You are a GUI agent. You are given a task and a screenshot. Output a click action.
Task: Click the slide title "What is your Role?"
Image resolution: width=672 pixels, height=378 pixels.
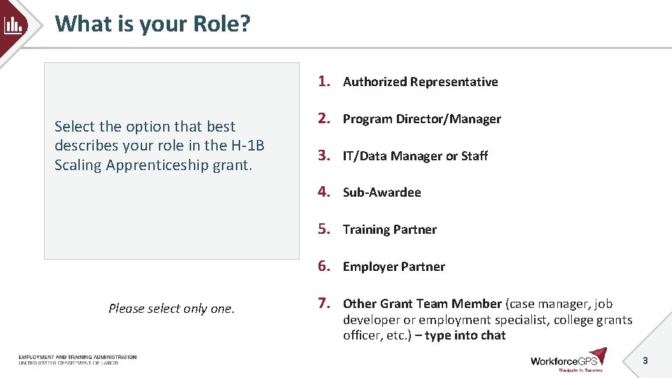tap(153, 24)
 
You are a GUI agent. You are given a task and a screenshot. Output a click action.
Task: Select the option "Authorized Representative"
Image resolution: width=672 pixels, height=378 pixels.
tap(420, 82)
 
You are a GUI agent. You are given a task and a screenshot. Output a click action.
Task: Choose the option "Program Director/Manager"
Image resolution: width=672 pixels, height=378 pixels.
tap(421, 119)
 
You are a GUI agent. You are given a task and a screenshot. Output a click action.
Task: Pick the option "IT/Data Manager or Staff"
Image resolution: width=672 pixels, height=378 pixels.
tap(415, 156)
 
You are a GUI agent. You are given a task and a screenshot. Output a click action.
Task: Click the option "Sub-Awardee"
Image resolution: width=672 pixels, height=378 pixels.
tap(381, 192)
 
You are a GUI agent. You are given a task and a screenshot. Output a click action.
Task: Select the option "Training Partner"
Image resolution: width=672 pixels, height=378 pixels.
tap(389, 230)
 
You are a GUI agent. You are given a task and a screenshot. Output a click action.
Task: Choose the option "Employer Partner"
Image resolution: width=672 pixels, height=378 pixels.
tap(393, 267)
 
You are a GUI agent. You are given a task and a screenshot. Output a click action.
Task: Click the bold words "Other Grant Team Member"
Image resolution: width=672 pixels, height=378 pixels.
tap(422, 304)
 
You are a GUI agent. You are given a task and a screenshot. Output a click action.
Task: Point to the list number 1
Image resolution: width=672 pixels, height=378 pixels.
tap(323, 81)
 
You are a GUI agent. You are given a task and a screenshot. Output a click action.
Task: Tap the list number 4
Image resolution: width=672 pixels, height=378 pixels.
tap(323, 192)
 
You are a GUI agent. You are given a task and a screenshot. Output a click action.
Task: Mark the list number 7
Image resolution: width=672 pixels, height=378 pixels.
tap(323, 303)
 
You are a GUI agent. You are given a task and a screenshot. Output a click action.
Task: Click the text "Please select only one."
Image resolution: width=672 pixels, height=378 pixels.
tap(171, 309)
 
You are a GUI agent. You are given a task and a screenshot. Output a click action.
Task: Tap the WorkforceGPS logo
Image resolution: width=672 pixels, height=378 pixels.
tap(568, 360)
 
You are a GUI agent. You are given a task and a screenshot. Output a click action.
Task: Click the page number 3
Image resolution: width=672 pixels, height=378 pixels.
tap(645, 360)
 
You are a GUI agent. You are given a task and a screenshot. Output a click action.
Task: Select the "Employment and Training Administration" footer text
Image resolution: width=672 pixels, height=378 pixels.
tap(78, 357)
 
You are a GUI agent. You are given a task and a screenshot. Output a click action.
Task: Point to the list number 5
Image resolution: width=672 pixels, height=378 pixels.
tap(323, 229)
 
